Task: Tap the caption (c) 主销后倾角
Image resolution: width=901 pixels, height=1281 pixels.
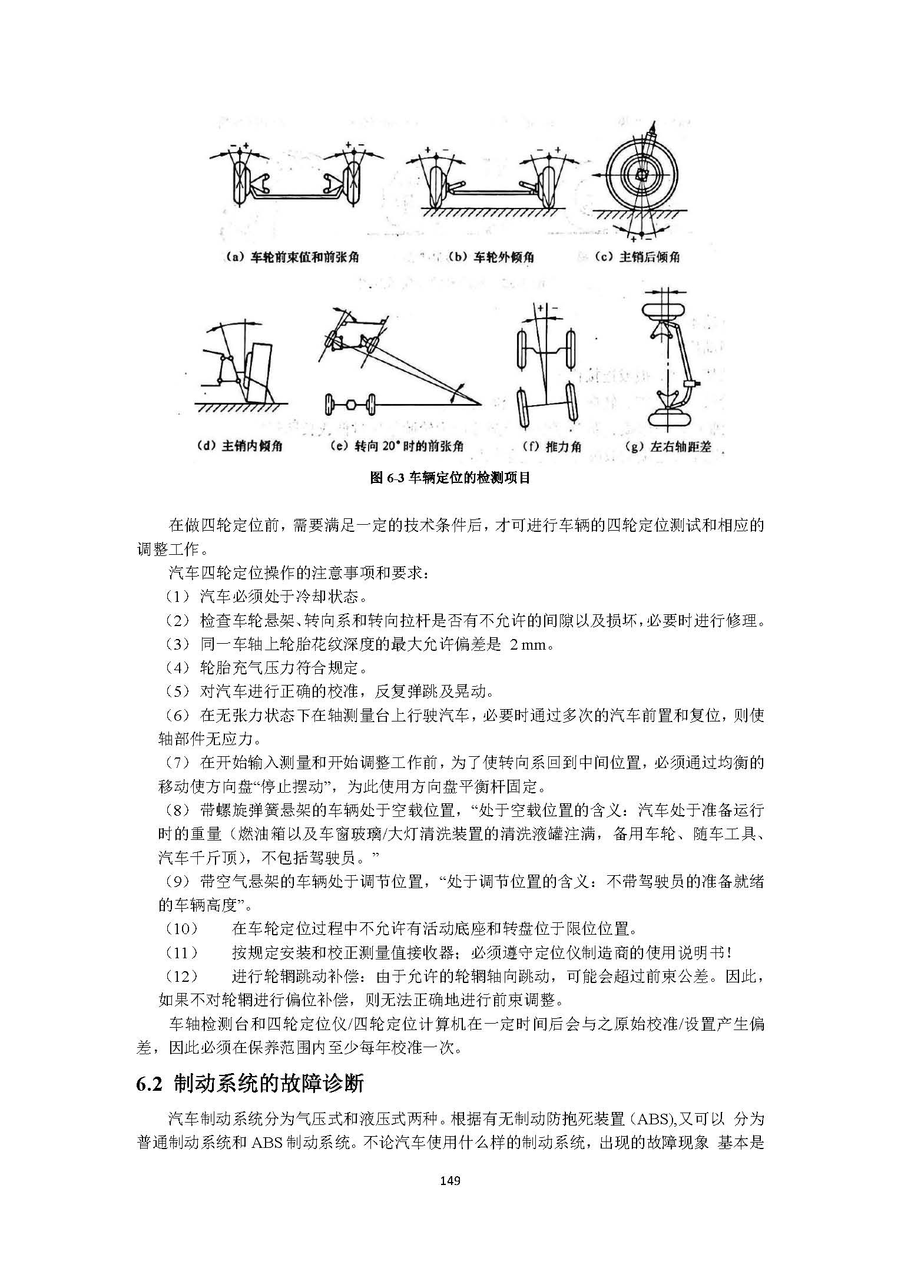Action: pos(637,257)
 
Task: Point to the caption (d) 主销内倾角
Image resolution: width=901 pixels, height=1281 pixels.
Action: pos(240,446)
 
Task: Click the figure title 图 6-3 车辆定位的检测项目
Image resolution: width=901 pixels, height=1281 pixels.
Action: pos(450,478)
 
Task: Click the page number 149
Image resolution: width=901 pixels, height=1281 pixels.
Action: pos(450,1180)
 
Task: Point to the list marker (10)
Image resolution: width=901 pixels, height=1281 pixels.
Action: pos(182,929)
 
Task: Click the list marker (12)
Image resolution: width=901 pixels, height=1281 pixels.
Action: pos(182,977)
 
